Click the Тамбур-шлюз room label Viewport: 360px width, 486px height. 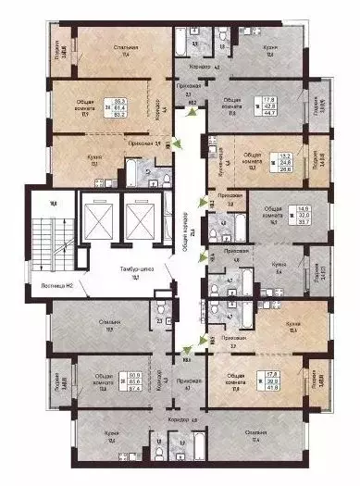coord(126,272)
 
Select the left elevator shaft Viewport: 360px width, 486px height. coord(96,219)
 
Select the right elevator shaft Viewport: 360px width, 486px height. coord(139,219)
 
